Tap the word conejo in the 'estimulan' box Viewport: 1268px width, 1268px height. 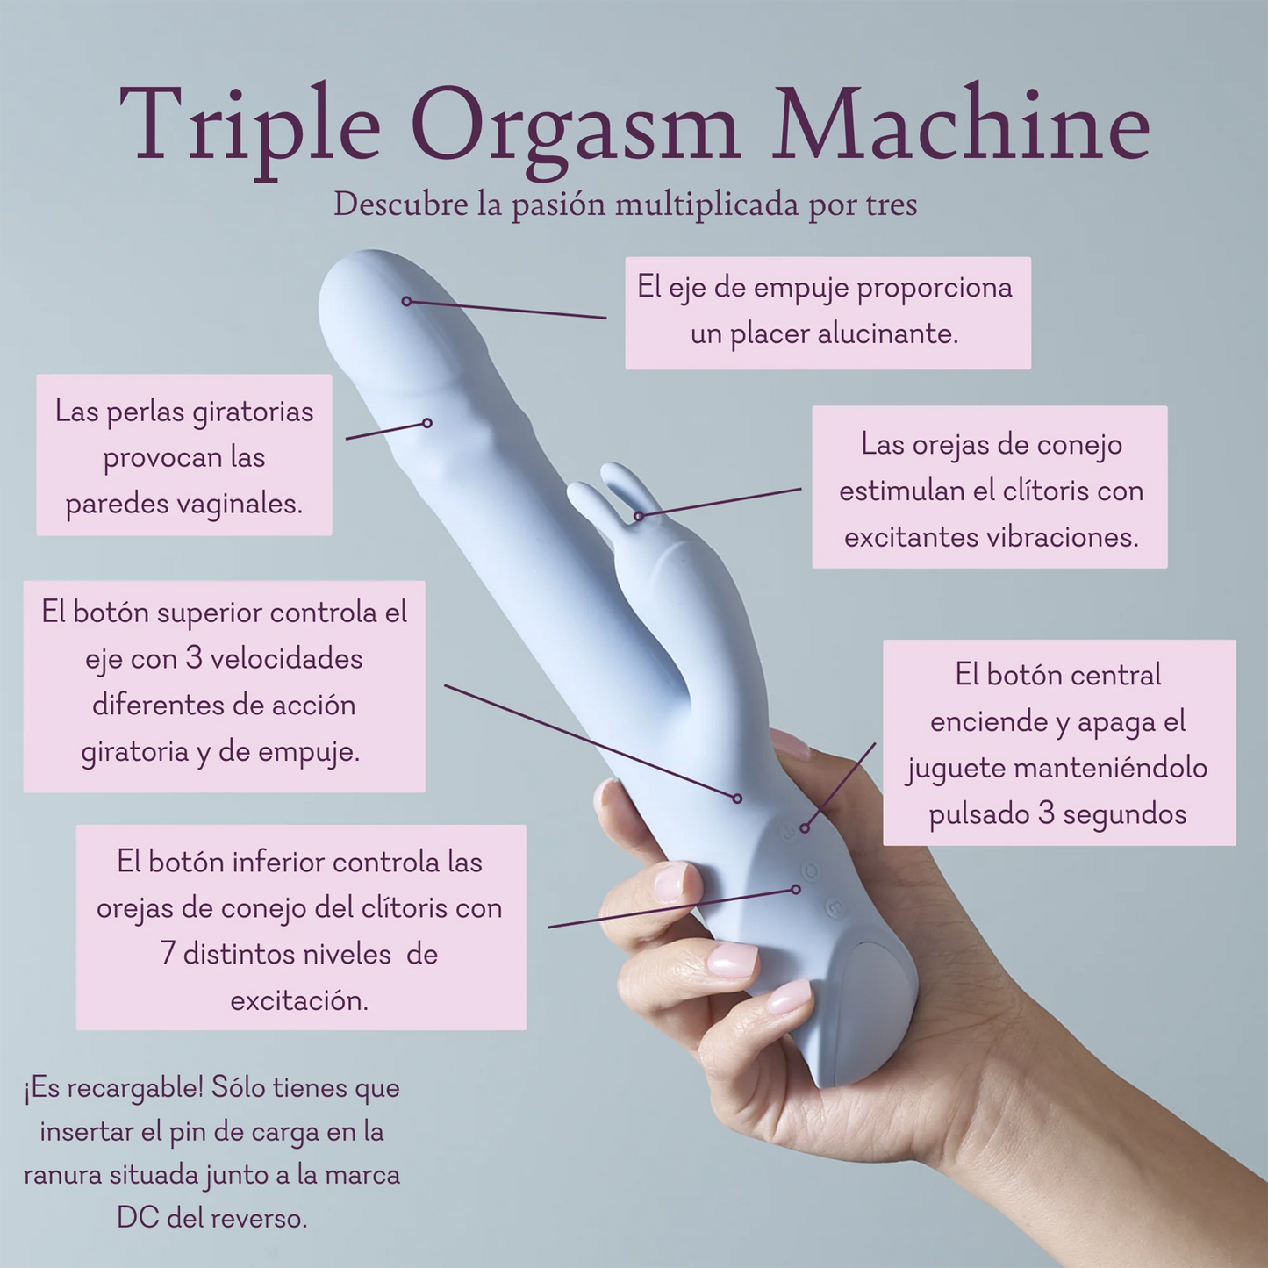point(1079,445)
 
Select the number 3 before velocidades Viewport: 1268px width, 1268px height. point(194,658)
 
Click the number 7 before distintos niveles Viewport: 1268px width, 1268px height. point(168,954)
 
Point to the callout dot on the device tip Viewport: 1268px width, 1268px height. point(406,301)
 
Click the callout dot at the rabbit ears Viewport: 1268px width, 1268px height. point(639,516)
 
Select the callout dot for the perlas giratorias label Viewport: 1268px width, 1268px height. point(427,423)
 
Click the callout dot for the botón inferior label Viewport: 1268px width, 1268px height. point(796,889)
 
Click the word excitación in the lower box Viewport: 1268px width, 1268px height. point(299,1000)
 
